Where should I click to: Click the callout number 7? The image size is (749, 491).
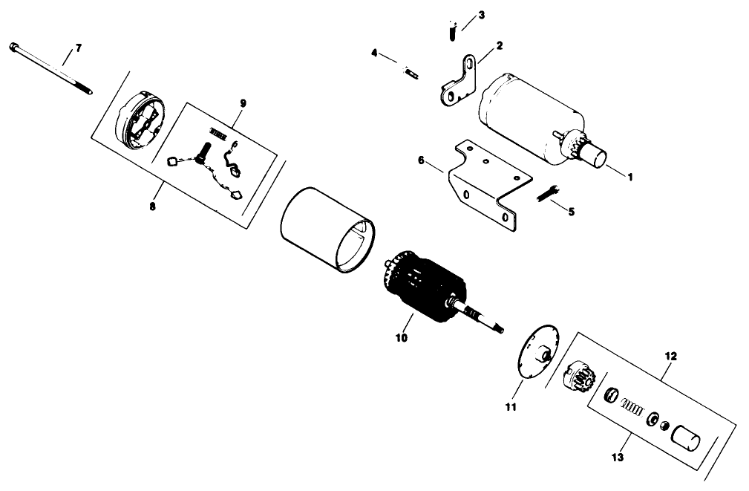78,48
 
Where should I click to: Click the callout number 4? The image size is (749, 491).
374,53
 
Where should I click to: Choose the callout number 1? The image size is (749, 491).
629,177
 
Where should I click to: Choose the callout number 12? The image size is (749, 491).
670,356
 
